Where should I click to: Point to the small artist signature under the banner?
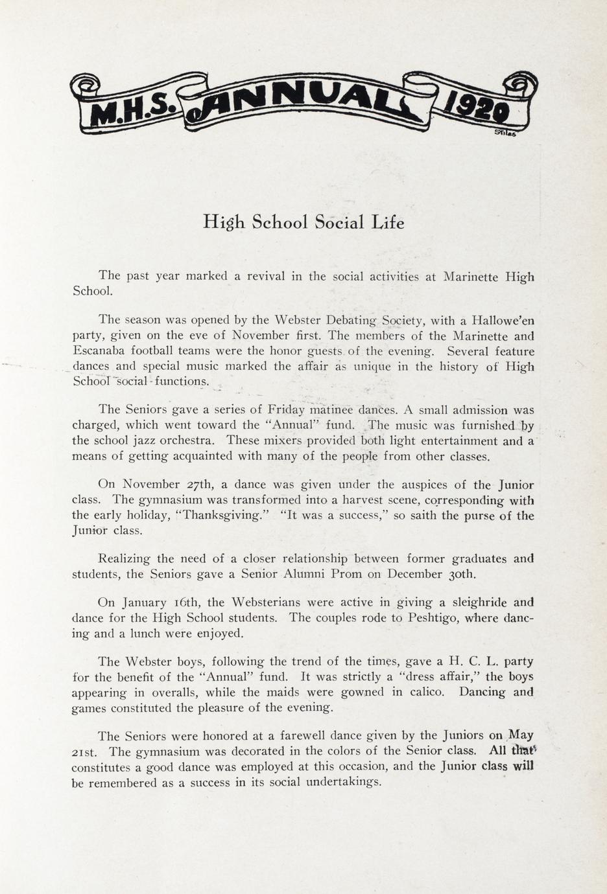[505, 133]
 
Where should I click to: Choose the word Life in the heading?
[387, 222]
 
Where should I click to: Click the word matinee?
[333, 409]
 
